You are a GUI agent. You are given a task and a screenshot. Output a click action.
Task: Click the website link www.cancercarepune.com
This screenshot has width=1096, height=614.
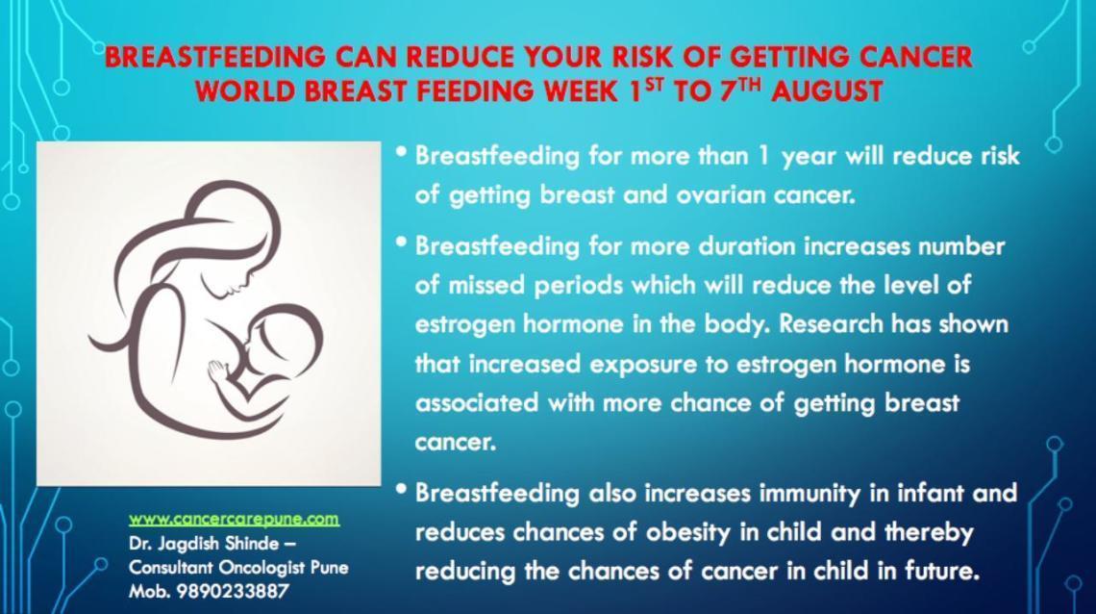[235, 519]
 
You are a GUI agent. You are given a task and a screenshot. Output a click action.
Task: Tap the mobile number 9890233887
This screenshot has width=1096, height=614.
[233, 592]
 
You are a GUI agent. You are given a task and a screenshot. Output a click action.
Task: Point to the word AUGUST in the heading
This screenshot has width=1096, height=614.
[827, 91]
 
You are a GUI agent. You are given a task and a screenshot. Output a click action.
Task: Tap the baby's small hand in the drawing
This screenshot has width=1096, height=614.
[218, 370]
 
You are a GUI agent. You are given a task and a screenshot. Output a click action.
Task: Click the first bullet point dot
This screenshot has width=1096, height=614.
[401, 150]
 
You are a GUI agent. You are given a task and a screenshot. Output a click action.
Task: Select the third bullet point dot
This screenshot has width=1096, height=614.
[401, 488]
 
